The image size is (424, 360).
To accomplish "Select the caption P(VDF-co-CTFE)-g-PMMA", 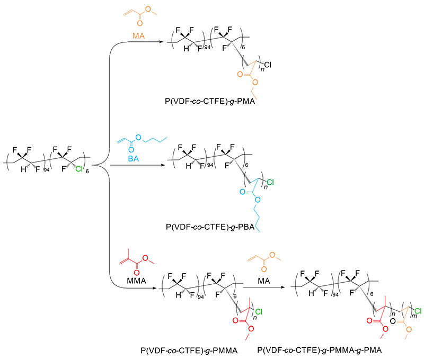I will coord(188,350).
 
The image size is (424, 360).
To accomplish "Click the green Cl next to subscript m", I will coord(417,310).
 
